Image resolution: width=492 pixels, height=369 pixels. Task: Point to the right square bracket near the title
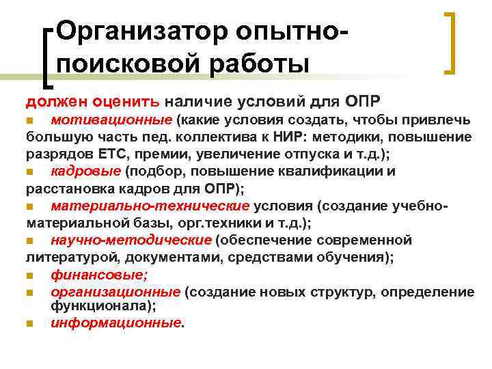pos(451,42)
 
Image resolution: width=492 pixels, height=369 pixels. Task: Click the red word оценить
pos(127,101)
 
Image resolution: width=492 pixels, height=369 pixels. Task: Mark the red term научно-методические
pos(131,240)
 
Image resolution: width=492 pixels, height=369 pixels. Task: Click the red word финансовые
pos(98,275)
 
